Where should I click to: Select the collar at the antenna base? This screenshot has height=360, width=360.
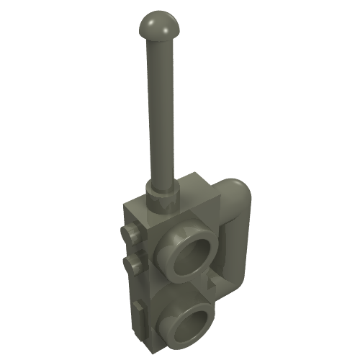click(162, 192)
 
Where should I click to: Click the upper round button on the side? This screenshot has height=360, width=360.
click(129, 233)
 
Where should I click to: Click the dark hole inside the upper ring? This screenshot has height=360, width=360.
click(192, 256)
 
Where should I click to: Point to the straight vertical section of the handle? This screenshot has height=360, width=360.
click(243, 238)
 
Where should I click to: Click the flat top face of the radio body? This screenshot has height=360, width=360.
click(176, 205)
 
